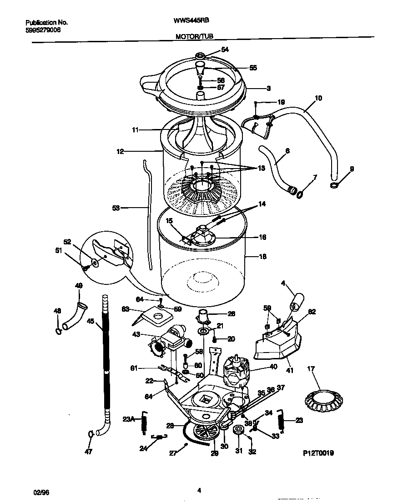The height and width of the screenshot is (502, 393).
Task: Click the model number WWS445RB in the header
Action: [x=191, y=20]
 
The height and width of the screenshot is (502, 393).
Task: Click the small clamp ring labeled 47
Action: [x=91, y=433]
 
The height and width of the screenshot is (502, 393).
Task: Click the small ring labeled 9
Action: [x=333, y=185]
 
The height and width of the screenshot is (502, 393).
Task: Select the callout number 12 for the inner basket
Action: [x=120, y=152]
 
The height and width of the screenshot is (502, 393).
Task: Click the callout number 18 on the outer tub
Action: [x=262, y=257]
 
